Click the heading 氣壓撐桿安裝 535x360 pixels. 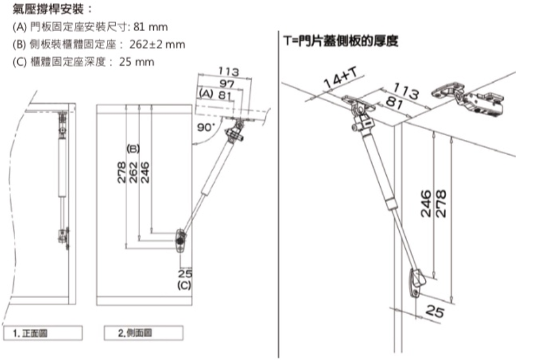pyautogui.click(x=48, y=9)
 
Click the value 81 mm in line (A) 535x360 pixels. pyautogui.click(x=150, y=27)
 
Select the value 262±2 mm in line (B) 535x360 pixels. pyautogui.click(x=157, y=44)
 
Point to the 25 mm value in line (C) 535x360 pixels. pyautogui.click(x=136, y=62)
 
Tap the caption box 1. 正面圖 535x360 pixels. pyautogui.click(x=43, y=333)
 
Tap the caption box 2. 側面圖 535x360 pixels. pyautogui.click(x=143, y=333)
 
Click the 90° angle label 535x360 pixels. pyautogui.click(x=206, y=127)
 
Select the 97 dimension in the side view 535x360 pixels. pyautogui.click(x=227, y=83)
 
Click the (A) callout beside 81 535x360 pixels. pyautogui.click(x=206, y=94)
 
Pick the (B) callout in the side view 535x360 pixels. pyautogui.click(x=133, y=149)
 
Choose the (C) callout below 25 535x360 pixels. pyautogui.click(x=185, y=285)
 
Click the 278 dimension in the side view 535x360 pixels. pyautogui.click(x=121, y=172)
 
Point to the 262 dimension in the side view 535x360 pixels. pyautogui.click(x=134, y=172)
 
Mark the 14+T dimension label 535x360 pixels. pyautogui.click(x=341, y=78)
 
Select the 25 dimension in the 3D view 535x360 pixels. pyautogui.click(x=435, y=311)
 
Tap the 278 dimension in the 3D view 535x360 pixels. pyautogui.click(x=441, y=204)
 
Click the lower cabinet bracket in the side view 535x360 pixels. pyautogui.click(x=180, y=240)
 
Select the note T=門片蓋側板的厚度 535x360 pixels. pyautogui.click(x=341, y=41)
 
